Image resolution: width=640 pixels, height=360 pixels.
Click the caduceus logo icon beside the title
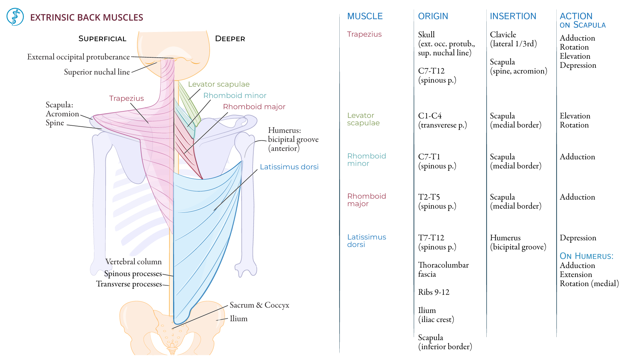tap(15, 17)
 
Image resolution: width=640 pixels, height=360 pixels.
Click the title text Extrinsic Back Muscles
tap(86, 17)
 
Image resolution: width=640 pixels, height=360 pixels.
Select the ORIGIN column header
tap(433, 16)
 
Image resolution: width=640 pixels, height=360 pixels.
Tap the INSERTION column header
tap(513, 16)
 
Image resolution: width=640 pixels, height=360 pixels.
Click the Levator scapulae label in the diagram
tap(219, 84)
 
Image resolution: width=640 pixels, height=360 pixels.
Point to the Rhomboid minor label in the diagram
tap(235, 96)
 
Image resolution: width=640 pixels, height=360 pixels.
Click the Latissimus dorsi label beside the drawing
tap(289, 167)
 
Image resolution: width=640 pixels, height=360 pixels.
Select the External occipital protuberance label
tap(78, 57)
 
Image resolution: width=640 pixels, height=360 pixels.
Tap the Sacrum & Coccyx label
tap(259, 305)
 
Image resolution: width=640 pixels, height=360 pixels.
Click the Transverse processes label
tap(129, 284)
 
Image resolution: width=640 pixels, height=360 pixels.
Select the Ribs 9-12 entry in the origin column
tap(434, 292)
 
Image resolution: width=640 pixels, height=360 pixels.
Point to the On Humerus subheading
tap(586, 256)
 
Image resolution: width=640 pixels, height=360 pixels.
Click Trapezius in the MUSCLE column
tap(364, 34)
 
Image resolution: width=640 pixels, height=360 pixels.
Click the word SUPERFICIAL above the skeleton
tap(102, 39)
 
